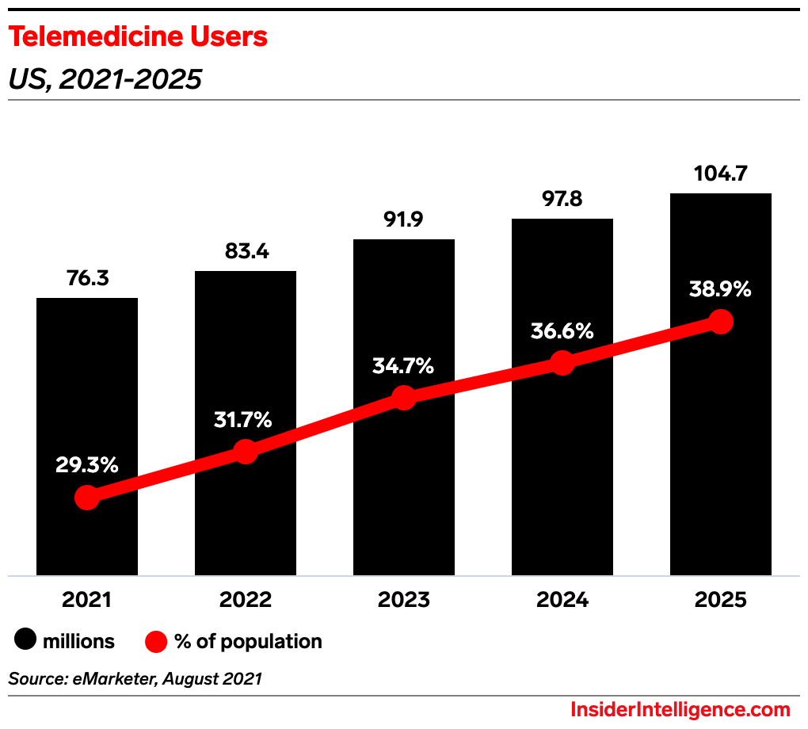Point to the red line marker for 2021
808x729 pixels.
tap(87, 498)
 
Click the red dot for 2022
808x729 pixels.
tap(246, 452)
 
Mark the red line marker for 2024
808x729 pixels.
tap(562, 363)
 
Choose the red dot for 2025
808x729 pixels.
tap(720, 322)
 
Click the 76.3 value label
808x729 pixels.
tap(87, 278)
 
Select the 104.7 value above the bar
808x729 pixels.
tap(720, 174)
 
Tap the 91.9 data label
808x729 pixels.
tap(404, 219)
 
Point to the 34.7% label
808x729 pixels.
tap(404, 366)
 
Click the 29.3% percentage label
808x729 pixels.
tap(87, 465)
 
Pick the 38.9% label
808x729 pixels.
tap(720, 289)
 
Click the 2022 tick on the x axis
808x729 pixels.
tap(246, 600)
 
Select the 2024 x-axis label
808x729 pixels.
tap(562, 600)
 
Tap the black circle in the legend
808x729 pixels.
tap(29, 641)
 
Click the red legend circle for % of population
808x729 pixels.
tap(156, 641)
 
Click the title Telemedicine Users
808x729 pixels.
tap(138, 37)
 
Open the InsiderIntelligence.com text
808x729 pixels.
tap(680, 709)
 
